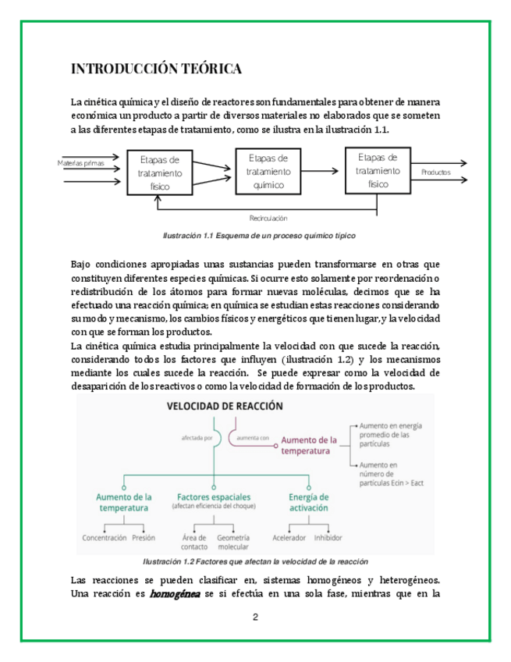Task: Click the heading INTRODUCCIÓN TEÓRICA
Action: pyautogui.click(x=156, y=69)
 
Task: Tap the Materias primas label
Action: pyautogui.click(x=81, y=163)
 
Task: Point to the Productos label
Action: pyautogui.click(x=436, y=172)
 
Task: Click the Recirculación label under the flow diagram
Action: pyautogui.click(x=268, y=218)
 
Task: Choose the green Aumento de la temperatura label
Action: pyautogui.click(x=123, y=502)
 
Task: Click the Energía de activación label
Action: pyautogui.click(x=309, y=502)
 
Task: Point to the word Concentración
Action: pyautogui.click(x=105, y=538)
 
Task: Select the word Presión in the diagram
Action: pyautogui.click(x=144, y=538)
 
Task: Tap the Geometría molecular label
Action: pyautogui.click(x=233, y=542)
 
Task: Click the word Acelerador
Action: pyautogui.click(x=289, y=538)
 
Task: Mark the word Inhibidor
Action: pyautogui.click(x=328, y=538)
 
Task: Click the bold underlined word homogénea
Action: pyautogui.click(x=175, y=593)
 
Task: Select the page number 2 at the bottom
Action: pyautogui.click(x=255, y=618)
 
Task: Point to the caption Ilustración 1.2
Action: pyautogui.click(x=255, y=561)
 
